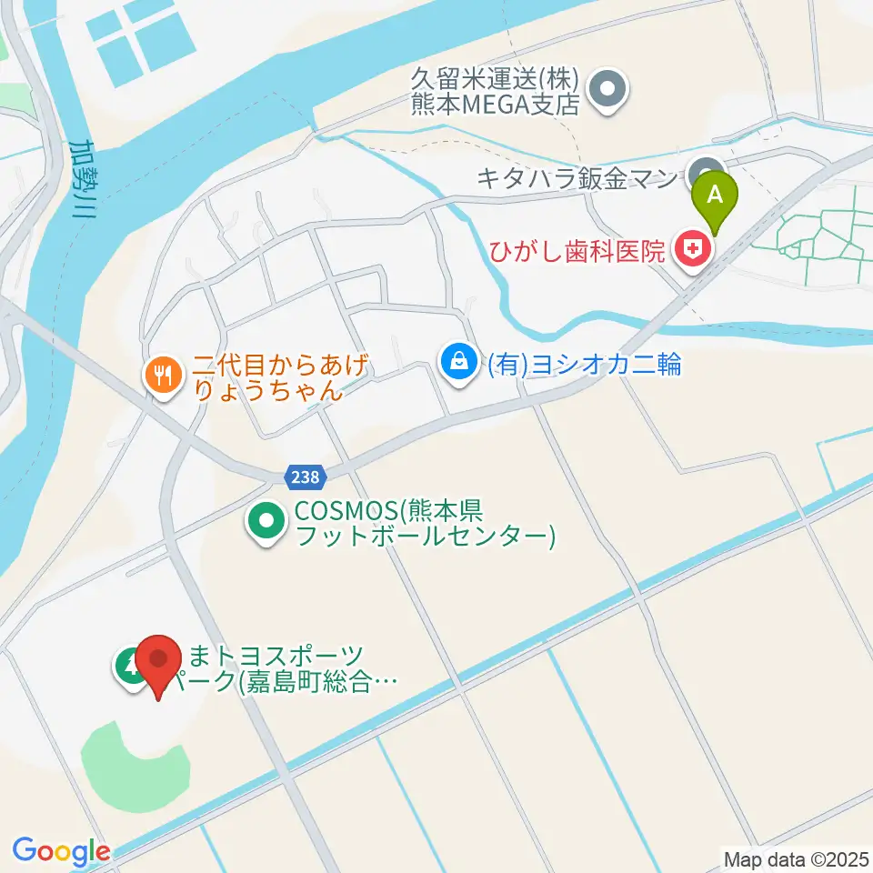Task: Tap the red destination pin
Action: tap(159, 661)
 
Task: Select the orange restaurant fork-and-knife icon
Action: tap(164, 375)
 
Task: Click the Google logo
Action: tap(61, 851)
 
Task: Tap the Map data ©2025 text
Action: tap(795, 858)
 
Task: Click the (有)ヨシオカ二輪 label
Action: tap(584, 365)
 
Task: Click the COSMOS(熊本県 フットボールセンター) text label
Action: tap(424, 522)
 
